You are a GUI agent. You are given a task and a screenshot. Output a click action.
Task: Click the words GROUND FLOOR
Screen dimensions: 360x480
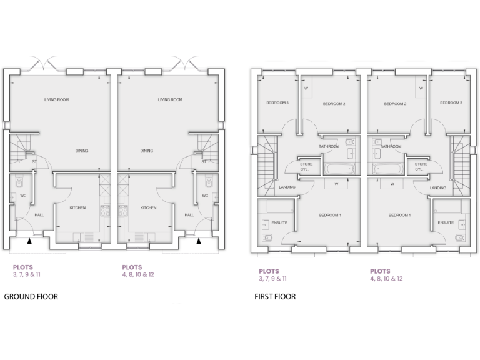click(x=31, y=297)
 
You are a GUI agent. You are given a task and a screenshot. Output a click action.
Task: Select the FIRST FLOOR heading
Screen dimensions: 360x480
click(x=275, y=297)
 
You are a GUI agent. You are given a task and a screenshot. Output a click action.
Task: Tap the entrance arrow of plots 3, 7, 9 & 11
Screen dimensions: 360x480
click(x=30, y=240)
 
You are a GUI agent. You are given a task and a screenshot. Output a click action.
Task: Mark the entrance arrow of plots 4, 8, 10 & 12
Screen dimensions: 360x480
click(x=199, y=240)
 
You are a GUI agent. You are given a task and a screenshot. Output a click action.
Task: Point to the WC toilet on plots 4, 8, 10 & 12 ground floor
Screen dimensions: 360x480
click(x=207, y=182)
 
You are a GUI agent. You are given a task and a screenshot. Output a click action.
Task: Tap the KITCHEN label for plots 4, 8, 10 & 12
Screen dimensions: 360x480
click(x=148, y=208)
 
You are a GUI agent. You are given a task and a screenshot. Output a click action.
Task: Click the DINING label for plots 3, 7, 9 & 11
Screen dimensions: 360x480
click(x=82, y=151)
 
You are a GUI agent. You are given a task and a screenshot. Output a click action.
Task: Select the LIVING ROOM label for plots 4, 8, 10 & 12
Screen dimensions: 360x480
click(x=170, y=100)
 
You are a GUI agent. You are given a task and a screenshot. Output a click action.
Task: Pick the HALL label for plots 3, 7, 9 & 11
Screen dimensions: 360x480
click(x=39, y=215)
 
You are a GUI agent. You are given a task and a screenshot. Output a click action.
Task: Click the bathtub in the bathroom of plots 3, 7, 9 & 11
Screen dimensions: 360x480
click(x=338, y=169)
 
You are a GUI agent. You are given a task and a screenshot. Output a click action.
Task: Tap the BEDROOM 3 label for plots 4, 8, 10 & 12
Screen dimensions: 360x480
click(x=450, y=103)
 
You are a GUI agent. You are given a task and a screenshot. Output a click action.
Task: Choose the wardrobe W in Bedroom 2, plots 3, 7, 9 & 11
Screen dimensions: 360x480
click(x=306, y=88)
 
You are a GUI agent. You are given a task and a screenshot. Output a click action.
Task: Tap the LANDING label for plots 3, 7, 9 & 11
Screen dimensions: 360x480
click(x=287, y=187)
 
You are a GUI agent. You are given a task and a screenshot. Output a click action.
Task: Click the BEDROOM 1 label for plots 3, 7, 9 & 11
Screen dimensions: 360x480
click(x=330, y=215)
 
